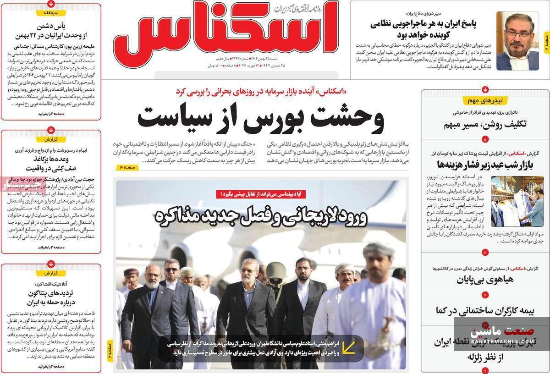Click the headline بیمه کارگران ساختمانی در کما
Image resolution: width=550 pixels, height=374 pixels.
(x=485, y=310)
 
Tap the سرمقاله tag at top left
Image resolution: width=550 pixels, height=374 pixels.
(x=50, y=13)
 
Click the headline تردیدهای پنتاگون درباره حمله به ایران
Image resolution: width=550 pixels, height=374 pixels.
(x=54, y=297)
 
